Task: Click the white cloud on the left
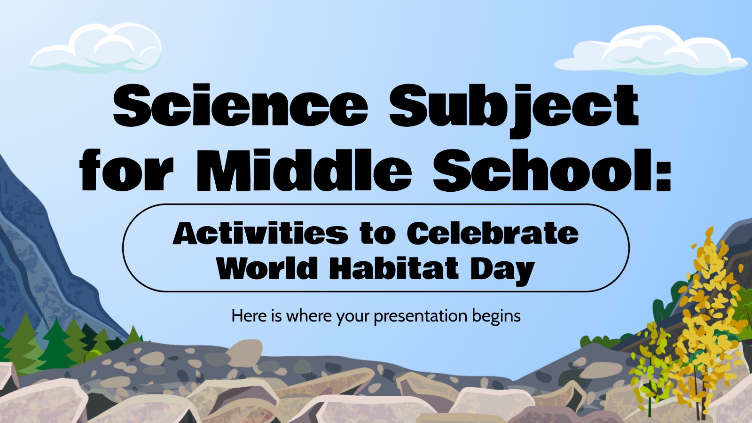click(96, 48)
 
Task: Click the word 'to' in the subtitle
click(378, 234)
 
